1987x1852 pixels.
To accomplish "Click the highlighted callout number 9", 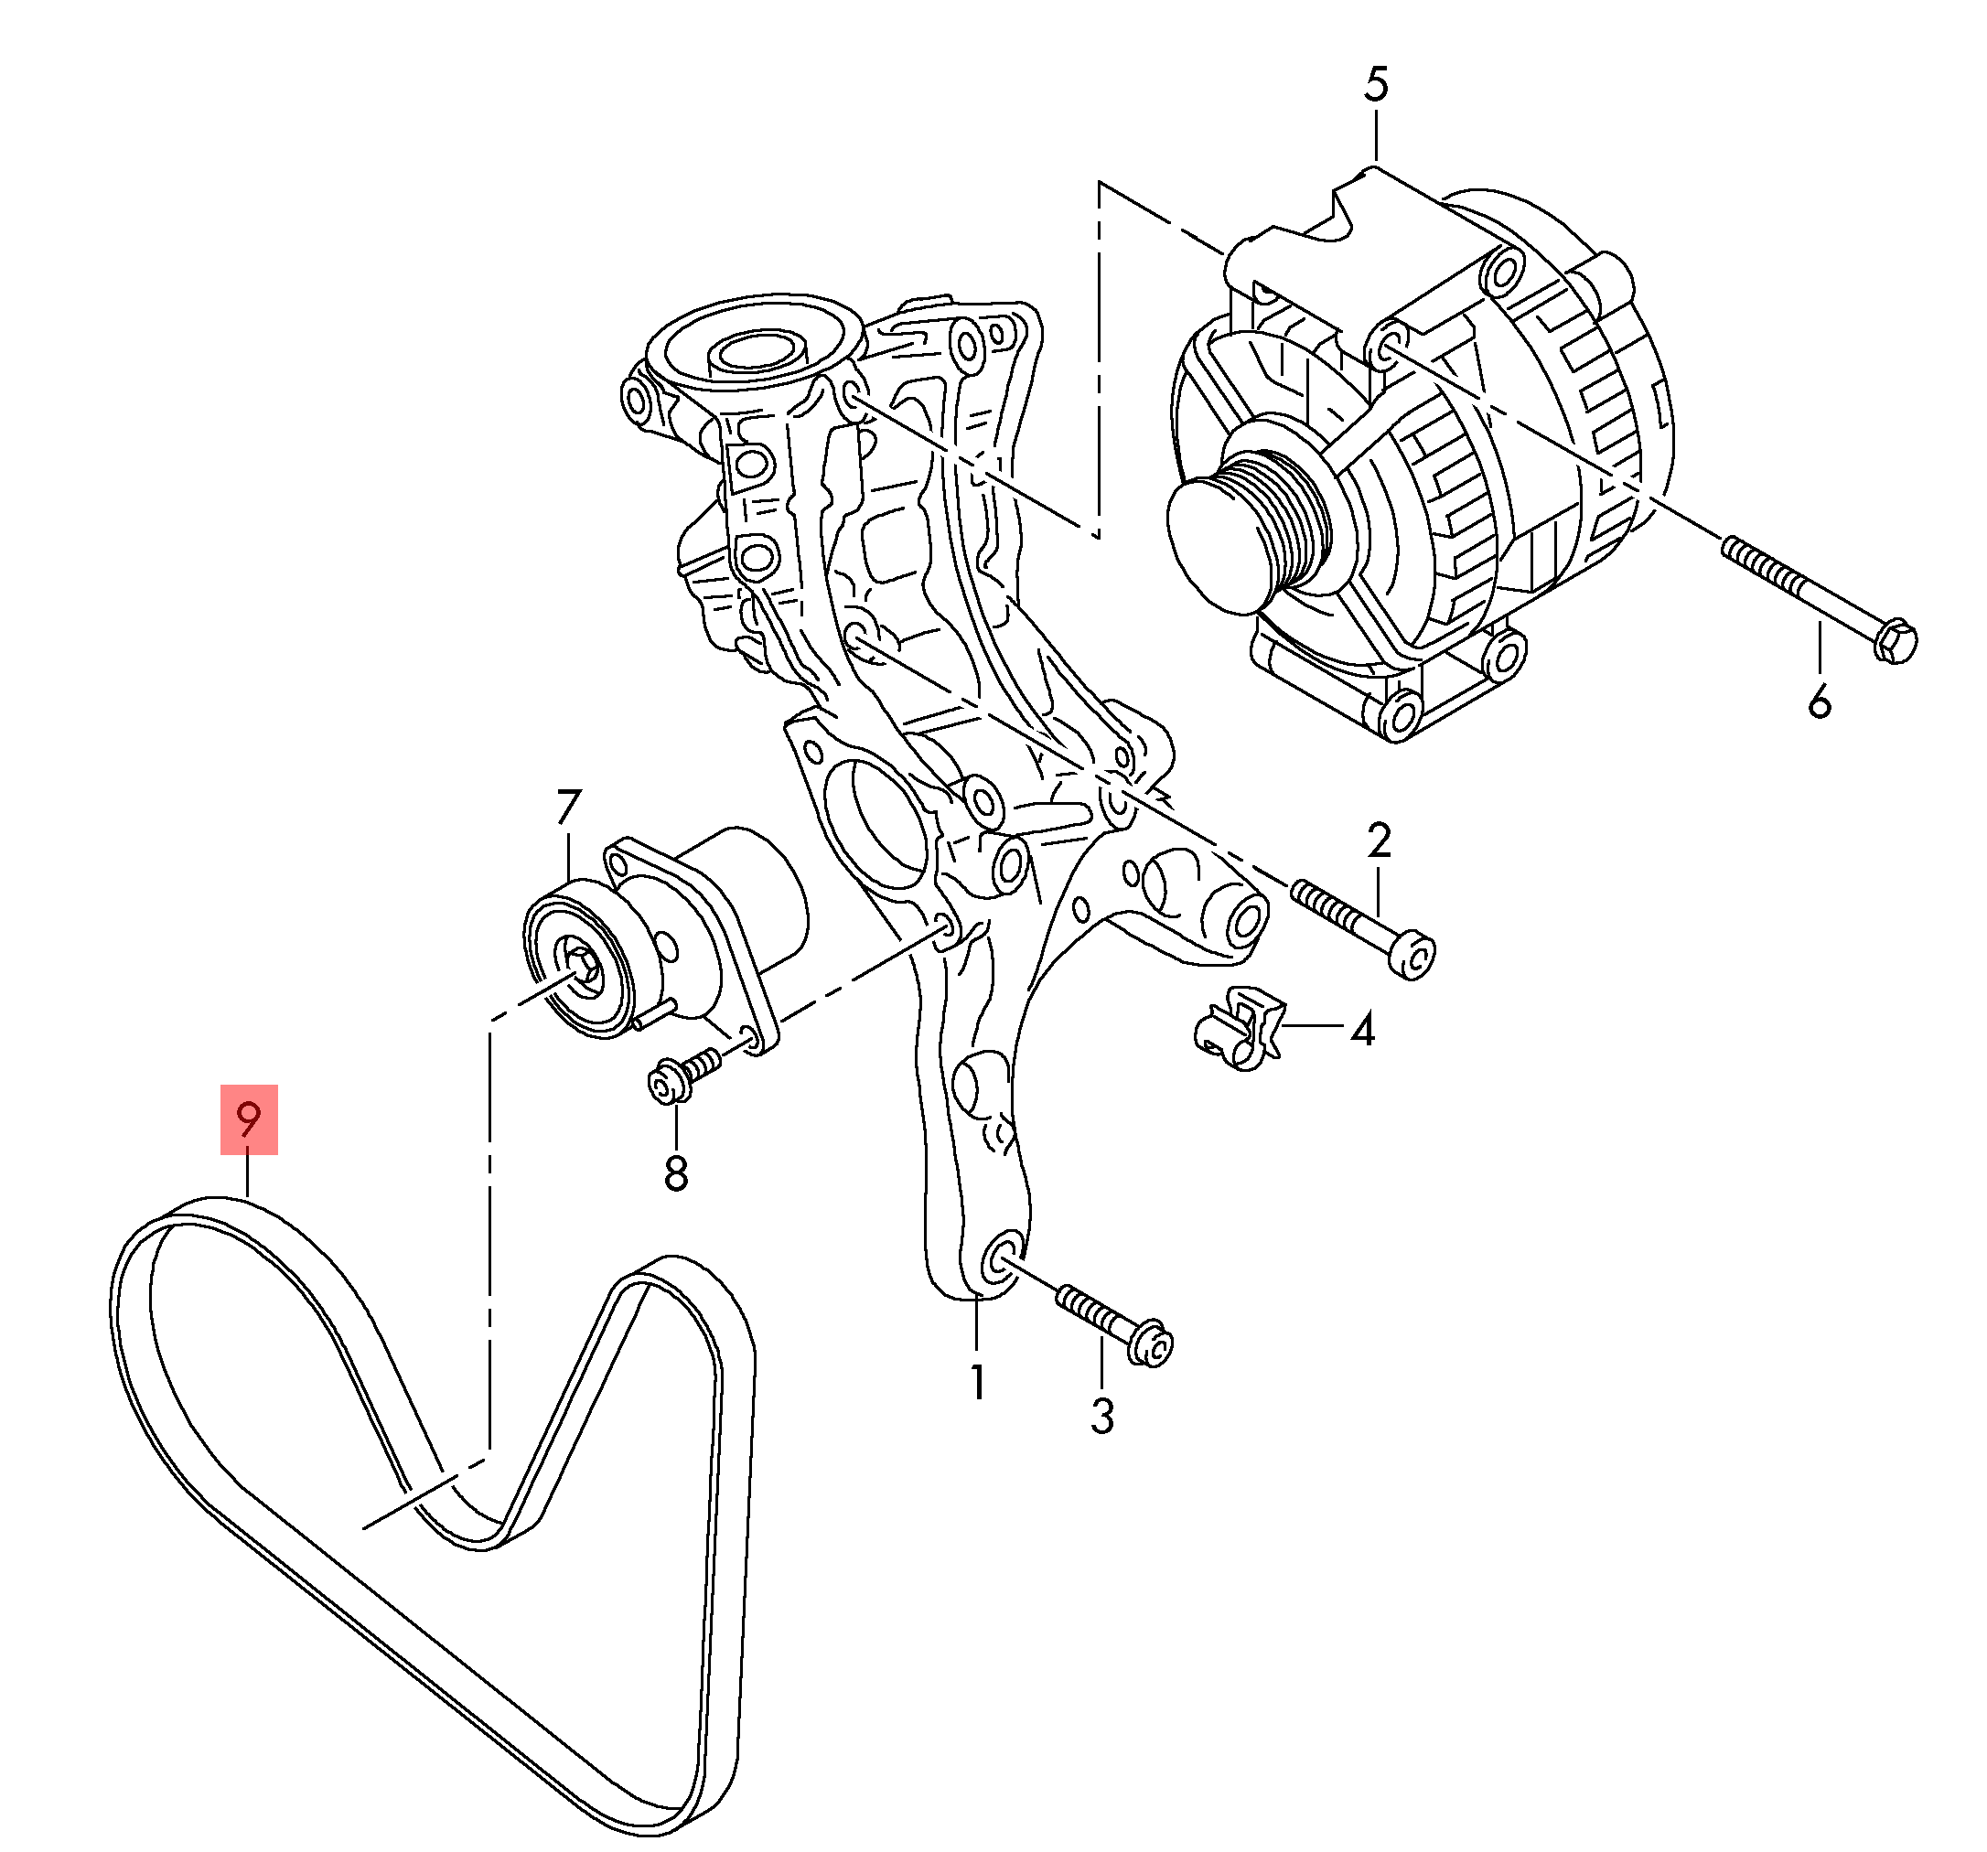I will coord(249,1119).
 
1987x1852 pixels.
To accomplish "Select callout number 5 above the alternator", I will coord(1375,86).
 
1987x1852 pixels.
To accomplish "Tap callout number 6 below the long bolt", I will coord(1819,701).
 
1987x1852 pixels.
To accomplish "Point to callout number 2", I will coord(1380,840).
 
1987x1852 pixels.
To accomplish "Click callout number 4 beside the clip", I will coord(1362,1029).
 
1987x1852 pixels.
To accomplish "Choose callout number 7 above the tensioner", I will coord(568,808).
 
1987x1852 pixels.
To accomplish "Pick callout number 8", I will coord(676,1172).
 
